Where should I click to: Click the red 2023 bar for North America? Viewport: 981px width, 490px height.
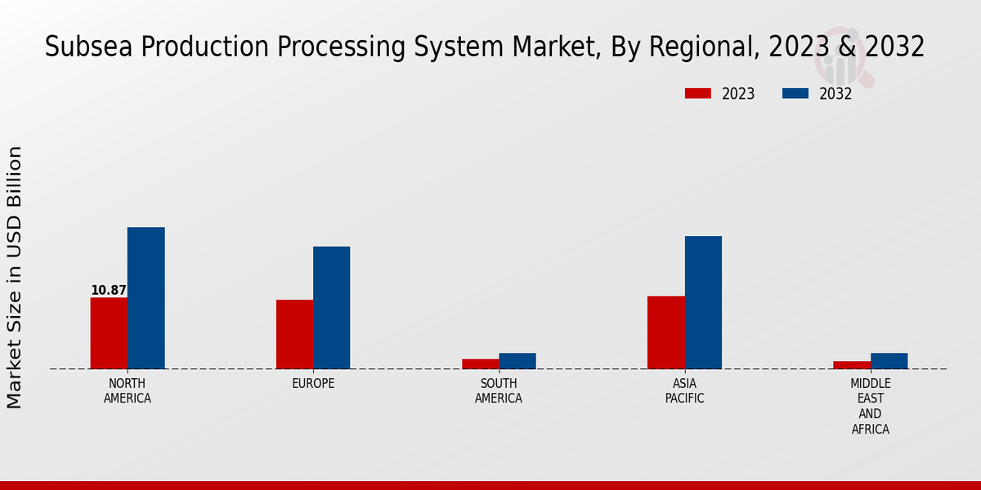click(109, 333)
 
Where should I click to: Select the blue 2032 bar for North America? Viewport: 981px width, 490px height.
click(146, 298)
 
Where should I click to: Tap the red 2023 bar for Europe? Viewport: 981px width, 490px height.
click(294, 334)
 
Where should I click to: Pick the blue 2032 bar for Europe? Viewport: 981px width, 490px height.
click(332, 308)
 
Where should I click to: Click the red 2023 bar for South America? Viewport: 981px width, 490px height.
click(480, 364)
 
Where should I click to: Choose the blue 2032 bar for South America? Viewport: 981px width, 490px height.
click(517, 361)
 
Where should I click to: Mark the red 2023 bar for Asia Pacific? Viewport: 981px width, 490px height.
click(665, 332)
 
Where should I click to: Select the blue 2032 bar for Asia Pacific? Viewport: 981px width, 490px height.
click(703, 302)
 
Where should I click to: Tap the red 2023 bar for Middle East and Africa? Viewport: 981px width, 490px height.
click(852, 365)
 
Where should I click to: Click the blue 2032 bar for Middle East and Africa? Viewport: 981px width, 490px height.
click(889, 361)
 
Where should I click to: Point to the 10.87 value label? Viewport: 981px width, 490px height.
click(109, 290)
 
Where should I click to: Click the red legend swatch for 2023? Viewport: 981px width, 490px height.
click(698, 94)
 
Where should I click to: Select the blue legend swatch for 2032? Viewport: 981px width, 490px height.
click(795, 94)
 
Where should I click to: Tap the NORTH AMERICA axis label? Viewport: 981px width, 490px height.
click(128, 391)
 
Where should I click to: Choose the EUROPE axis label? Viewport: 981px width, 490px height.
click(313, 384)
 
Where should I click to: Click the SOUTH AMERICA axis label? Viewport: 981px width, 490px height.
click(499, 391)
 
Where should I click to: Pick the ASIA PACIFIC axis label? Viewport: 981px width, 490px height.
click(684, 391)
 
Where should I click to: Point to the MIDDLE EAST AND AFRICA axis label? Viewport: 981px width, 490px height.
click(871, 406)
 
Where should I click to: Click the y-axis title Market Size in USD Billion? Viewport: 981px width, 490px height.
click(15, 278)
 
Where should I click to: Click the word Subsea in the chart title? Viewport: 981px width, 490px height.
click(89, 47)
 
